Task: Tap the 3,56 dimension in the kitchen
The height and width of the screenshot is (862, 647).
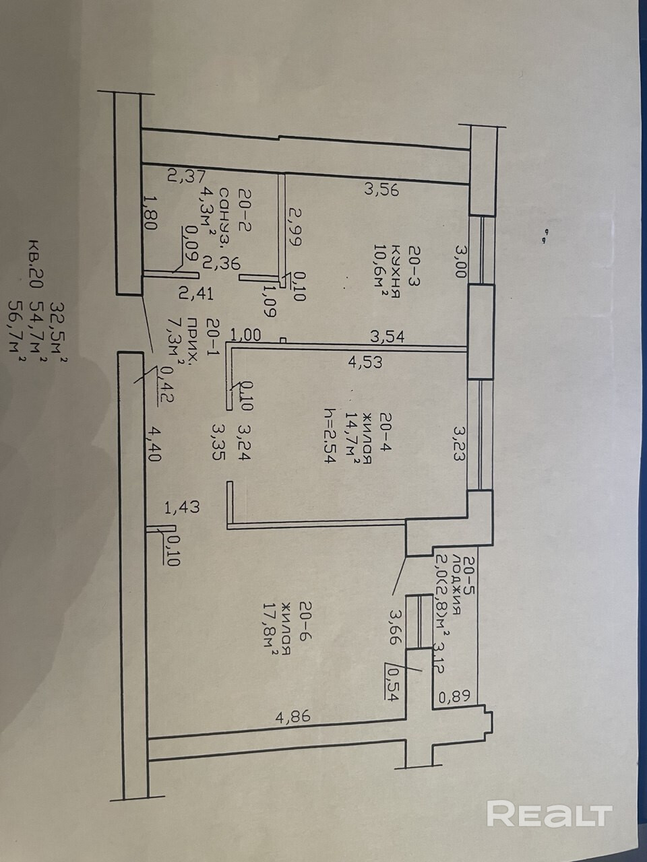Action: [x=382, y=190]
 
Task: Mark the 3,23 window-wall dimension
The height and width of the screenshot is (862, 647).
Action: [x=460, y=442]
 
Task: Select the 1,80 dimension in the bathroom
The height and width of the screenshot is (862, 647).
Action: [x=151, y=213]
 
